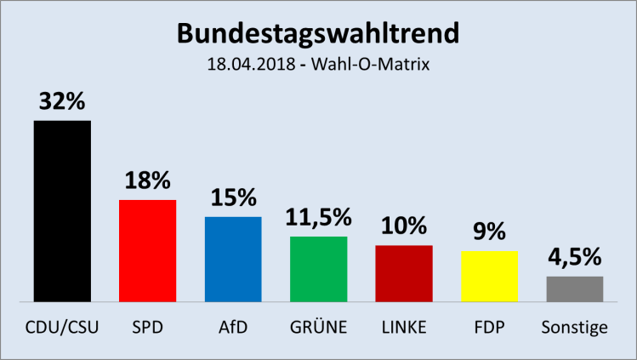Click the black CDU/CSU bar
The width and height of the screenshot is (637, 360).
(x=62, y=211)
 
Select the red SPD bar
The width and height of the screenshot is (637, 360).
(x=147, y=250)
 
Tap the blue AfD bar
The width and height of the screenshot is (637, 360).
(x=233, y=259)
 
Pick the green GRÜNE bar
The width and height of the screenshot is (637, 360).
(x=318, y=268)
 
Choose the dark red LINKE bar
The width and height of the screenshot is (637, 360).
(x=404, y=273)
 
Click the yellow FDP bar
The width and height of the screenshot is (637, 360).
(x=489, y=276)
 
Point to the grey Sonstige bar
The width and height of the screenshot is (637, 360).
(x=575, y=289)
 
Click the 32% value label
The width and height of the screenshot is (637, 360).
(x=62, y=102)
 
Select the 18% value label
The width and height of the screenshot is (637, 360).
(x=147, y=180)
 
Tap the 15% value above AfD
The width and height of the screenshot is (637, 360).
(x=233, y=198)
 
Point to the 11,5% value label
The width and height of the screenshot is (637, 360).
(x=318, y=217)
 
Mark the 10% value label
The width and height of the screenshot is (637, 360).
(x=404, y=226)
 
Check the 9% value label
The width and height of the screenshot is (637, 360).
(x=489, y=232)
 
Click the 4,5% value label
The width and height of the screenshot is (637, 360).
(x=575, y=257)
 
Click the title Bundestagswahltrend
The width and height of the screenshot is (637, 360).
(x=318, y=33)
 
